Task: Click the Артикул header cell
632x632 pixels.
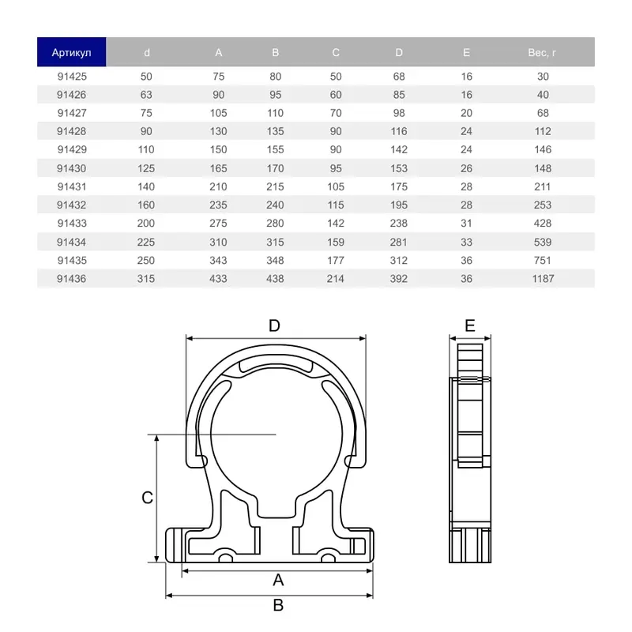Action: coord(71,53)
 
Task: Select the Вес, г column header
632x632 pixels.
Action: coord(542,53)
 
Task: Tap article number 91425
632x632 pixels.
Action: coord(71,77)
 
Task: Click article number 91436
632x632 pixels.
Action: coord(71,279)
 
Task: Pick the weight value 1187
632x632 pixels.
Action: coord(542,279)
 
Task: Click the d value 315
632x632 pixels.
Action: coord(146,279)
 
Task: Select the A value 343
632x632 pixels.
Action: coord(219,261)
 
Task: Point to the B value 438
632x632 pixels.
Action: coord(275,279)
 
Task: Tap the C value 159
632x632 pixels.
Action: coord(336,243)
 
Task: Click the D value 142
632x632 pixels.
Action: coord(399,149)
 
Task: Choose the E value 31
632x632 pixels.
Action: coord(466,224)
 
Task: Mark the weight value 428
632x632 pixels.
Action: coord(542,224)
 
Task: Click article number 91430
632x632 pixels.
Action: coord(71,168)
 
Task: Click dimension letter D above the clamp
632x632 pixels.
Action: coord(275,325)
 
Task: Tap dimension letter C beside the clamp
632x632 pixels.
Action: coord(147,498)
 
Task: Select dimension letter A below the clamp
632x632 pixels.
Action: coord(277,581)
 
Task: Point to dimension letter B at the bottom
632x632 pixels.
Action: coord(277,606)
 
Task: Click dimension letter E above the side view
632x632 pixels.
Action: coord(470,325)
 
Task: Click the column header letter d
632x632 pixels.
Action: coord(146,53)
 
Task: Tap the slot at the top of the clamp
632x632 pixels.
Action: coord(275,363)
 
